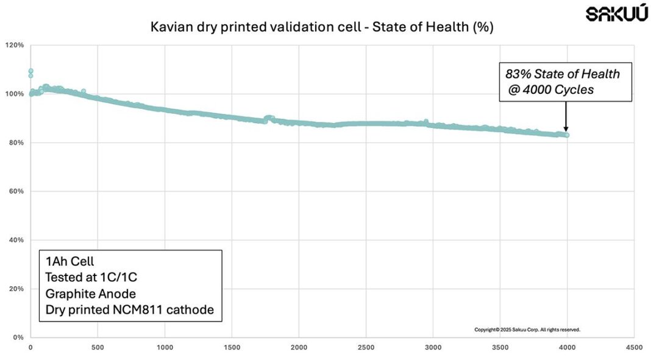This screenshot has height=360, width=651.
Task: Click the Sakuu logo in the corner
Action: [x=617, y=14]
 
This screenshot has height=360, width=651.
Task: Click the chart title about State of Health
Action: [x=321, y=27]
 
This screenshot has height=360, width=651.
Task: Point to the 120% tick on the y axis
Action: [x=15, y=45]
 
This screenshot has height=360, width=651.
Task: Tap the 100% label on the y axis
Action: [x=15, y=94]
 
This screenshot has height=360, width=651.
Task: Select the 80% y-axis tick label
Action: [x=16, y=143]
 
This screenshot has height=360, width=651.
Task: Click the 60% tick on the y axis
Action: [x=16, y=191]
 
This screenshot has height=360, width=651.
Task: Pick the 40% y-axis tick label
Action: [x=16, y=240]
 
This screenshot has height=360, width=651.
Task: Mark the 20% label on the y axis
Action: [x=16, y=289]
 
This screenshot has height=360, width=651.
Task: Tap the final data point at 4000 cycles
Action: [x=567, y=135]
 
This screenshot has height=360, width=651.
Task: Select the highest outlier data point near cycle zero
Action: [x=30, y=71]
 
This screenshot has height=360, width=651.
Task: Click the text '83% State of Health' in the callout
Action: [x=562, y=74]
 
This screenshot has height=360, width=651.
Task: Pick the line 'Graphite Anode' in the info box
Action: [x=90, y=294]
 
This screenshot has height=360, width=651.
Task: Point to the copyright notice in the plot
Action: [x=527, y=330]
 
